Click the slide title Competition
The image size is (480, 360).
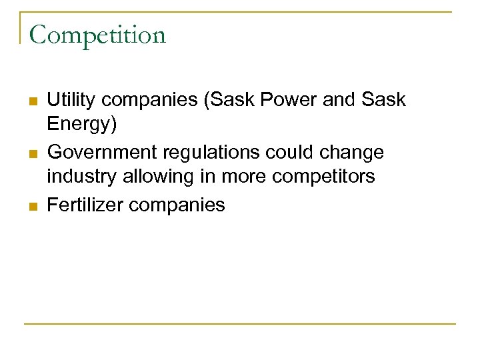point(97,35)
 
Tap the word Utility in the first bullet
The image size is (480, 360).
point(68,100)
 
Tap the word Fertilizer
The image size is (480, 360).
point(85,205)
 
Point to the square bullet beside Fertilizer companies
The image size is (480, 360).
point(33,207)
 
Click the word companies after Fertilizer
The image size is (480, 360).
point(177,205)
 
